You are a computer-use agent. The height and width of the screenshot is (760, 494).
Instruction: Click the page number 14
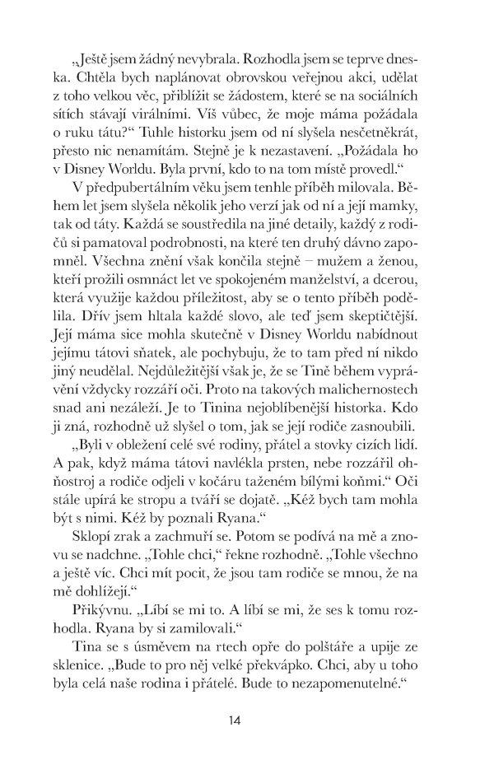[x=235, y=721]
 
